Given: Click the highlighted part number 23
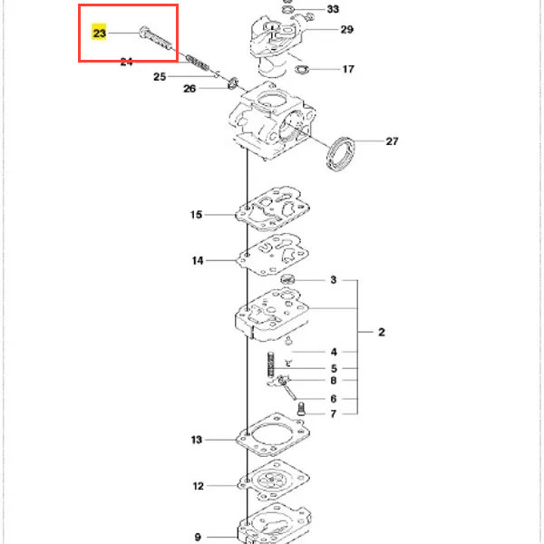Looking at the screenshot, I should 100,34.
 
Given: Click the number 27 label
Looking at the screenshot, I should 392,141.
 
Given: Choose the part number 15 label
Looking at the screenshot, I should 196,215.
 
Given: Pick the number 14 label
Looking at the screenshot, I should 197,261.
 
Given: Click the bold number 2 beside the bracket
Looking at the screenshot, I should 382,333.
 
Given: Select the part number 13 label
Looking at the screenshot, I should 196,441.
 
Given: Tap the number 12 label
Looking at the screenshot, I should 198,486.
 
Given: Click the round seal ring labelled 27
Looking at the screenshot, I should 341,151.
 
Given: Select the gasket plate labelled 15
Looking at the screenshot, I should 273,210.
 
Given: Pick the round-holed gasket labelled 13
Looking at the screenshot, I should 273,440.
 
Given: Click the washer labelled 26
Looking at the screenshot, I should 233,83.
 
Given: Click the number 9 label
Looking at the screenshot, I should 198,536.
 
